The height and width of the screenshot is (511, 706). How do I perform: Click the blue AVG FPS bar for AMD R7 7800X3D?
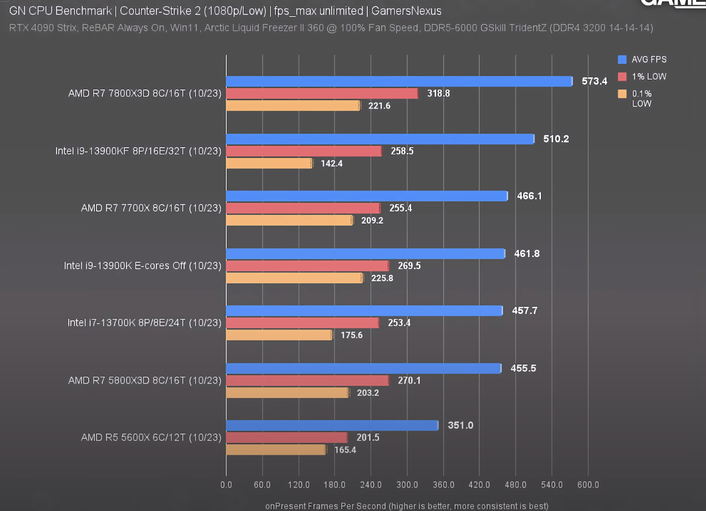[x=399, y=81]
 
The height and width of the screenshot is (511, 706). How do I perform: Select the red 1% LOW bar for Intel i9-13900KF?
[x=304, y=151]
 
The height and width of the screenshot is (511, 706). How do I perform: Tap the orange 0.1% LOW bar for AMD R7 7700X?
[x=289, y=221]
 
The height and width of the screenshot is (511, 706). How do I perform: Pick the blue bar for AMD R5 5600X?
[x=332, y=426]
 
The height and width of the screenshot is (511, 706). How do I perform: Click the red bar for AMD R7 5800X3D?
[x=307, y=381]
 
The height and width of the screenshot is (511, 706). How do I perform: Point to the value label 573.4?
[x=594, y=81]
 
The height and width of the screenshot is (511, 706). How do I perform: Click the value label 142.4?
[x=332, y=164]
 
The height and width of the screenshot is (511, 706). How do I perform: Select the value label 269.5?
[x=409, y=266]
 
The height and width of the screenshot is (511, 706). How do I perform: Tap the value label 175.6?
[x=352, y=335]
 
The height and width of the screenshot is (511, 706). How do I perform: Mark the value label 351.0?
[x=460, y=426]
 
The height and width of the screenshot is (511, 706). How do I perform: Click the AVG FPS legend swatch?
[x=622, y=60]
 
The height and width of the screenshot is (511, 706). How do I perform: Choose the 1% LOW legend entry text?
[x=649, y=77]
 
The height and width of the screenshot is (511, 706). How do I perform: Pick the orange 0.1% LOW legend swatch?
[x=622, y=94]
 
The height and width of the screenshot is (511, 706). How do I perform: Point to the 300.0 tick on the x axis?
[x=407, y=485]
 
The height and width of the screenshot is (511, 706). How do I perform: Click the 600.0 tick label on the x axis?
[x=588, y=485]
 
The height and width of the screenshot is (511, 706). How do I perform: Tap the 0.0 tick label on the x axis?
[x=226, y=485]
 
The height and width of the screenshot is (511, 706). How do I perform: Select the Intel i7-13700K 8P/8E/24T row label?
[x=144, y=323]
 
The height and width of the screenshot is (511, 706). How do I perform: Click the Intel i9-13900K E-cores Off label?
[x=143, y=266]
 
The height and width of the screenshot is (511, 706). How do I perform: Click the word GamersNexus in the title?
[x=406, y=11]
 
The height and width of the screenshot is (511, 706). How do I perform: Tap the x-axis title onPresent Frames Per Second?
[x=406, y=506]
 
